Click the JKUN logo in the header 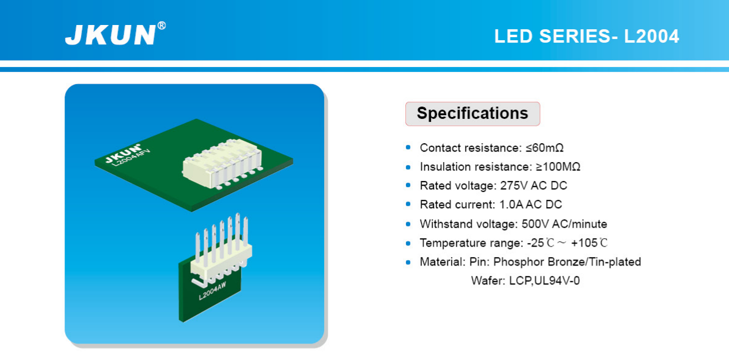110,35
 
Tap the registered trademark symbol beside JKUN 162,26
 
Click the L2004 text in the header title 652,36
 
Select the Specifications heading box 472,114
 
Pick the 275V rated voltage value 513,186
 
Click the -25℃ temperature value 541,243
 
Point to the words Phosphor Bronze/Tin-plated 567,262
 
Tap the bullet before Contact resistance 408,148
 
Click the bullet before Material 408,262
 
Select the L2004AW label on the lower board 212,292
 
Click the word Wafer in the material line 485,281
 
